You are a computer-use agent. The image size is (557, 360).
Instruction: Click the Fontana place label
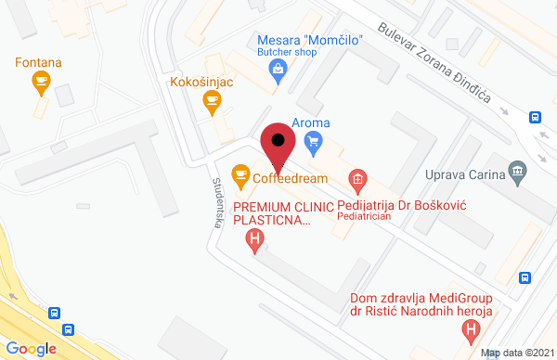[x=38, y=63]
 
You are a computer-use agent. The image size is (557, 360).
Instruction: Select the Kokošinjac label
[x=200, y=83]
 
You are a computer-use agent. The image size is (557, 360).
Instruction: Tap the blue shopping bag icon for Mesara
[x=278, y=78]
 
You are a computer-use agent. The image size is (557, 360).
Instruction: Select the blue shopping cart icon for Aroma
[x=313, y=142]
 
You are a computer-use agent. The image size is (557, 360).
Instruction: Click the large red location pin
[x=278, y=147]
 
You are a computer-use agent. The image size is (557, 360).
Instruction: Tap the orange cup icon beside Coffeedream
[x=240, y=173]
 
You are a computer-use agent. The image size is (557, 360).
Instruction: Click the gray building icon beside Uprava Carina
[x=517, y=171]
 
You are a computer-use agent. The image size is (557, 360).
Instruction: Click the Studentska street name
[x=220, y=198]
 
